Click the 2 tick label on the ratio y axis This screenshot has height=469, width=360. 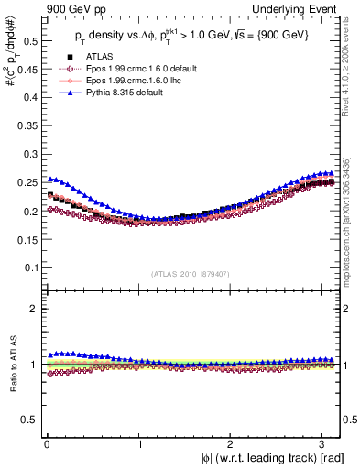(x=31, y=309)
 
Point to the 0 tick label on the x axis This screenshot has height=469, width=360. (x=47, y=443)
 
